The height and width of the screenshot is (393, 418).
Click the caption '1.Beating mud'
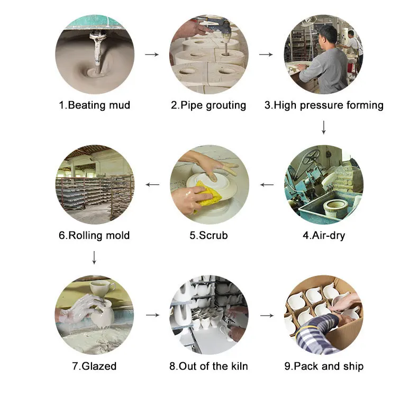tap(94, 105)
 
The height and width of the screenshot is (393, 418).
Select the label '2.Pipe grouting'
tap(208, 105)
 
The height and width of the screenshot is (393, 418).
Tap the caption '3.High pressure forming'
tap(324, 105)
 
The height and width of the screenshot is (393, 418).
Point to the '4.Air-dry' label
tap(324, 236)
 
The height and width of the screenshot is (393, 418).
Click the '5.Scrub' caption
tap(208, 235)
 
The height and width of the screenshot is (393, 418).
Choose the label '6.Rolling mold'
tap(94, 235)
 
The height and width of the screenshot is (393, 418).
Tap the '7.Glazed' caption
tap(94, 366)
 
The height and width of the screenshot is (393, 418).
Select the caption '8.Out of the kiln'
tap(208, 366)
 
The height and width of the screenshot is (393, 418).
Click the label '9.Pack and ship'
tap(324, 367)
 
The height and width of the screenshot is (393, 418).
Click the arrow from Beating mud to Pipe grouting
tap(152, 55)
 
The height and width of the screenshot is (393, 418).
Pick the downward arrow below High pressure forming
tap(324, 128)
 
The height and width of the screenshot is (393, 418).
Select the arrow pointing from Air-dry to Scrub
tap(267, 185)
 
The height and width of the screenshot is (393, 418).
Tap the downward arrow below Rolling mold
tap(94, 257)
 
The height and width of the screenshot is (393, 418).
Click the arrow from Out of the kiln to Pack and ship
tap(267, 315)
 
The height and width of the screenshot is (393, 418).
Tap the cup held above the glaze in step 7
tap(102, 288)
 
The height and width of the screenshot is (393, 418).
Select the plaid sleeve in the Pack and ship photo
tap(317, 329)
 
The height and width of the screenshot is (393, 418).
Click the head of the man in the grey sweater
tap(328, 35)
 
